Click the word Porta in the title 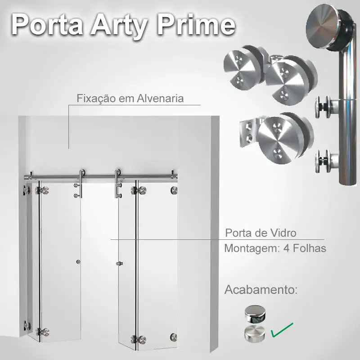(47, 25)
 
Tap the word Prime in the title (196, 24)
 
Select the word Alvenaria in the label (160, 99)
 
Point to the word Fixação (96, 99)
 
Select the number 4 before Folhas (287, 248)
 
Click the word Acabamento (261, 289)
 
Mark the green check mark (282, 330)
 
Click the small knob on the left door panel (78, 261)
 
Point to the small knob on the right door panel (119, 263)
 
